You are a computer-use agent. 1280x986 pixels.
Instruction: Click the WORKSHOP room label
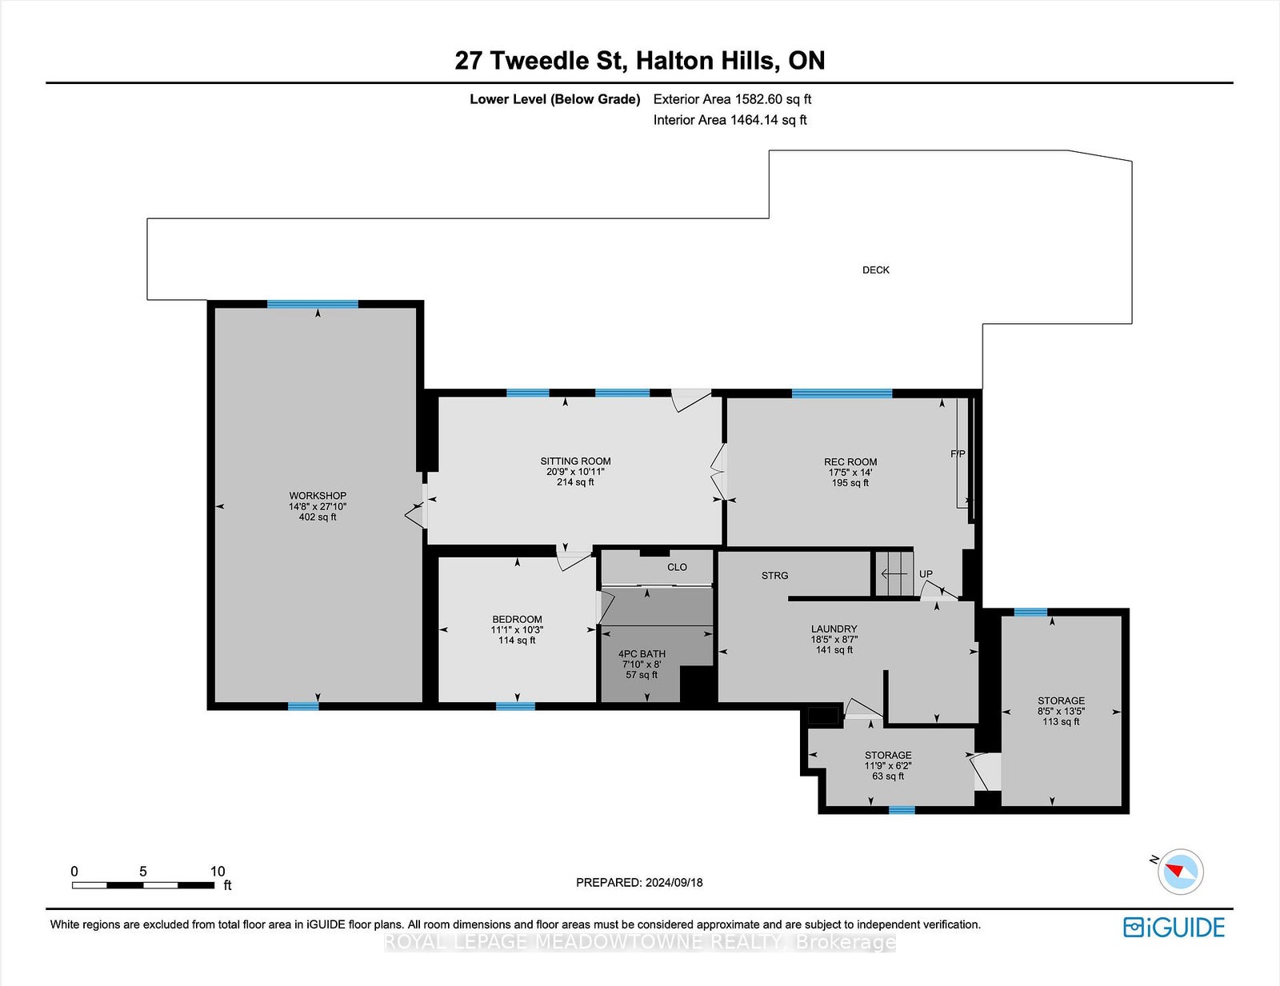click(318, 496)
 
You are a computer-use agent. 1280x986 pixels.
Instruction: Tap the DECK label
click(876, 270)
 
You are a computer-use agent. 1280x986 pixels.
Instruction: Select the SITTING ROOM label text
click(575, 461)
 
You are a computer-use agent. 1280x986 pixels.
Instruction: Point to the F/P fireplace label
click(958, 454)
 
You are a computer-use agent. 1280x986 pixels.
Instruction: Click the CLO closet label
click(678, 567)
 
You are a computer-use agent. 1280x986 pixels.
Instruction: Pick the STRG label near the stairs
click(774, 576)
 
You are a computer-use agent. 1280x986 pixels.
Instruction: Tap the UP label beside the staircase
click(926, 574)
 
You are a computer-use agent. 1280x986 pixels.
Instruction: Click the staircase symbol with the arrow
click(893, 573)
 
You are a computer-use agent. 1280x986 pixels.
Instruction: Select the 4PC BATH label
click(642, 654)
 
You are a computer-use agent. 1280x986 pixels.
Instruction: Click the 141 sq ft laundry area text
click(834, 650)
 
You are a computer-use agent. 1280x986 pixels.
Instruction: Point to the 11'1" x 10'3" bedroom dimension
click(517, 629)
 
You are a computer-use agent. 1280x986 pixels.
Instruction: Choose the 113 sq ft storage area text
click(1061, 721)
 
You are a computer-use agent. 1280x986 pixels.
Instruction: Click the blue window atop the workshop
click(313, 305)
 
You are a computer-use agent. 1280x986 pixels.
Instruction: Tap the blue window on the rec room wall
click(842, 393)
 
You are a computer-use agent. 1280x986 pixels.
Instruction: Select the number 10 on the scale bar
click(218, 871)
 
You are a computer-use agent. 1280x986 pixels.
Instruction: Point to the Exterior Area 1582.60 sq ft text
click(732, 99)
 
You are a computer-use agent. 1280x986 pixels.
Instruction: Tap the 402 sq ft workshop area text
click(318, 517)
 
